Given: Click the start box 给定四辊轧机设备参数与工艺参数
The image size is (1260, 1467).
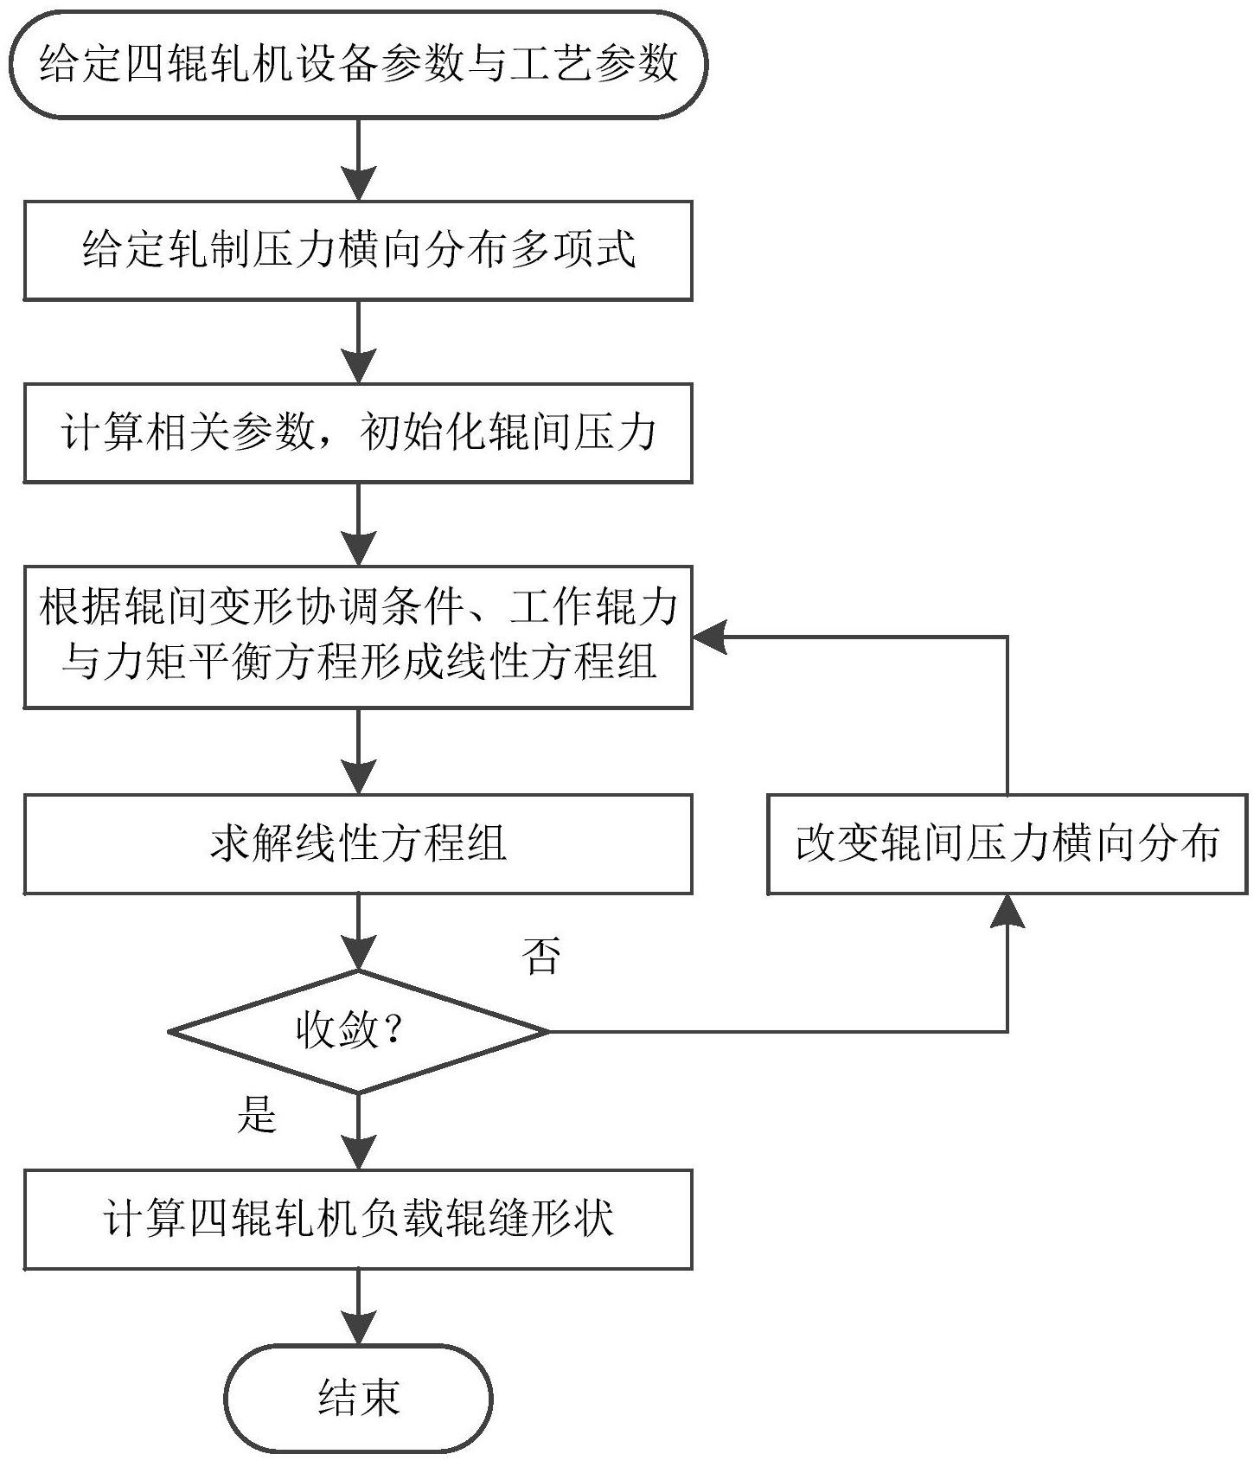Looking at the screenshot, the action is pyautogui.click(x=358, y=64).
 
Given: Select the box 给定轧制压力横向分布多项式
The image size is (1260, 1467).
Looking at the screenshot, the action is pyautogui.click(x=358, y=251).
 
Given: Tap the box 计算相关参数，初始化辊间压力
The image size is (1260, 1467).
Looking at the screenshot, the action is pyautogui.click(x=358, y=432).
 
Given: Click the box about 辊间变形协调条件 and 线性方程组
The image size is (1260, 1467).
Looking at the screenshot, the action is pyautogui.click(x=358, y=637).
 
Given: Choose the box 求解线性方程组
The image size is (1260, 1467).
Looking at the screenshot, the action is pyautogui.click(x=358, y=844).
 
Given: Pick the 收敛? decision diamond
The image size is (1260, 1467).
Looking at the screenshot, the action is pyautogui.click(x=358, y=1031).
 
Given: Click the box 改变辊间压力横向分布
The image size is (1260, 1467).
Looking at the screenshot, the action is pyautogui.click(x=1007, y=844).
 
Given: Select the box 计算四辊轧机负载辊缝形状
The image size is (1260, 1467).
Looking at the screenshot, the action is pyautogui.click(x=358, y=1220).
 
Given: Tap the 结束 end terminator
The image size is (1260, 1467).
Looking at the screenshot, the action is pyautogui.click(x=358, y=1398).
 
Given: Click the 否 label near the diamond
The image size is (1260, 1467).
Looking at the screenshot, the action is pyautogui.click(x=542, y=956).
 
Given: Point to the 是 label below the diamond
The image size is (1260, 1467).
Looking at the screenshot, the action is pyautogui.click(x=257, y=1113).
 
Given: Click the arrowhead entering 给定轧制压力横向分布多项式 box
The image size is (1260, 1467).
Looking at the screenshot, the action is pyautogui.click(x=358, y=183).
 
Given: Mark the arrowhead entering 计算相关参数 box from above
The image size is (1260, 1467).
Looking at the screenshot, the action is pyautogui.click(x=358, y=366).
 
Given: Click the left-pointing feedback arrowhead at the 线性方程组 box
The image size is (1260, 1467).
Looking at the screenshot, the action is pyautogui.click(x=711, y=637).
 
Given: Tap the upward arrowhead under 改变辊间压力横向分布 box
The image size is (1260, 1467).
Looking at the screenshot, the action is pyautogui.click(x=1007, y=912).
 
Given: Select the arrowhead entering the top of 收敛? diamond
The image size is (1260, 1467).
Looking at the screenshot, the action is pyautogui.click(x=358, y=952).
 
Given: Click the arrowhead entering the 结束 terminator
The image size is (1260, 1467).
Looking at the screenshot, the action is pyautogui.click(x=358, y=1327).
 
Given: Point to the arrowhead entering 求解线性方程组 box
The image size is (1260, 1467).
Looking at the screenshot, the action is pyautogui.click(x=358, y=777).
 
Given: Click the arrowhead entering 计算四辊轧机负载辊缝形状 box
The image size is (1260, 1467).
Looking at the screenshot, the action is pyautogui.click(x=358, y=1152).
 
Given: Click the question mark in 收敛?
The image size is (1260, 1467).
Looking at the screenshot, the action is pyautogui.click(x=393, y=1031).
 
